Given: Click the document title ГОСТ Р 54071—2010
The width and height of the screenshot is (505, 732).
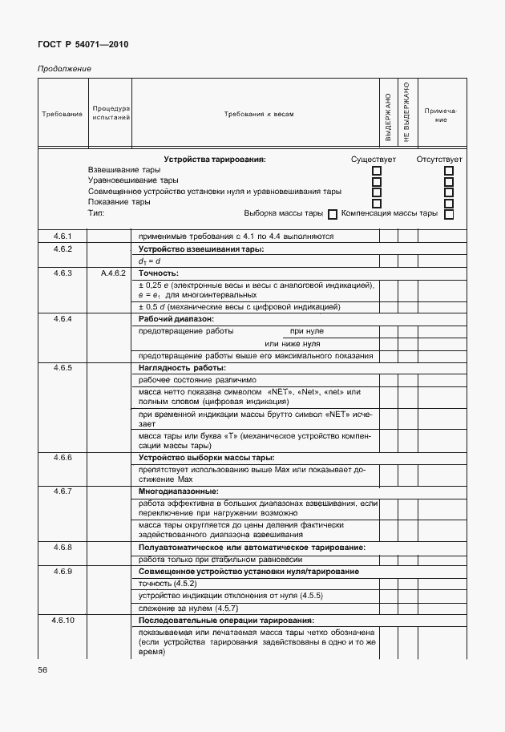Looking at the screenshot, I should [83, 44].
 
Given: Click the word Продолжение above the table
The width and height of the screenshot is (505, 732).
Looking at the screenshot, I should [64, 69].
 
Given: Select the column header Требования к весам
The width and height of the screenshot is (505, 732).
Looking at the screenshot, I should [258, 114].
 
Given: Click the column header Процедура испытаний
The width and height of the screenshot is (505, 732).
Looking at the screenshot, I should [111, 113].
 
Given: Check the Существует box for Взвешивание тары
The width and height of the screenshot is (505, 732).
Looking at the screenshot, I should [377, 171].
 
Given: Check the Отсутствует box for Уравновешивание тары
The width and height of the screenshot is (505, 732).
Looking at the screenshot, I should [449, 182].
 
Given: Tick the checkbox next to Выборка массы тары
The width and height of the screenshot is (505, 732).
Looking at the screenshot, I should [332, 214].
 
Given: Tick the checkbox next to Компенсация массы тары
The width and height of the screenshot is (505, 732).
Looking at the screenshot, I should [449, 214].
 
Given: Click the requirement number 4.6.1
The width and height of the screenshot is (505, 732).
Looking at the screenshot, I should [63, 237].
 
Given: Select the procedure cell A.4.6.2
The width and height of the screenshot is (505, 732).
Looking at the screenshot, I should [111, 273].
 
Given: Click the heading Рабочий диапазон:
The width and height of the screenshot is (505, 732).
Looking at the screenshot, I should [171, 319].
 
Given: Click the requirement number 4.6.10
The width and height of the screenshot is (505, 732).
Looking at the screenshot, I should [63, 621].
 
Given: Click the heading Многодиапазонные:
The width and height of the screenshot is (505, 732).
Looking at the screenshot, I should [178, 491].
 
